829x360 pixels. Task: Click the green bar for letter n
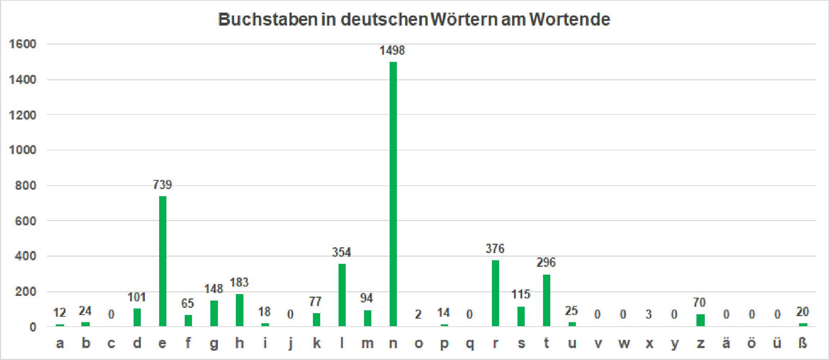click(393, 194)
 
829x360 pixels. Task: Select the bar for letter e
click(162, 261)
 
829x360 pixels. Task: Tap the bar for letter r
click(495, 293)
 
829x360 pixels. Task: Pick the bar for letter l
click(342, 295)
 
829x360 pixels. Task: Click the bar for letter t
click(546, 301)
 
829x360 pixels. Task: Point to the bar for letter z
click(700, 320)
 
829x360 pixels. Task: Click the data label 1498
click(392, 50)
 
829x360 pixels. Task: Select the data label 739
click(162, 185)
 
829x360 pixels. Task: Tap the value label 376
click(495, 249)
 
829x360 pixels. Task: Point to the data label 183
click(239, 283)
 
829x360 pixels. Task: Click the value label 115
click(521, 294)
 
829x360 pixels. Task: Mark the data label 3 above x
click(649, 315)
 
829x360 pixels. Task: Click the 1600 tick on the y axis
click(23, 44)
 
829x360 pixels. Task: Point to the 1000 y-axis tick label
click(23, 150)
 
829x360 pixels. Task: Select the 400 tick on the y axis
click(25, 256)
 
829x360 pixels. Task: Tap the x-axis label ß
click(803, 343)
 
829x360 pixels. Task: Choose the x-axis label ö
click(752, 343)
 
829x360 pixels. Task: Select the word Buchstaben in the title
click(268, 19)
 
